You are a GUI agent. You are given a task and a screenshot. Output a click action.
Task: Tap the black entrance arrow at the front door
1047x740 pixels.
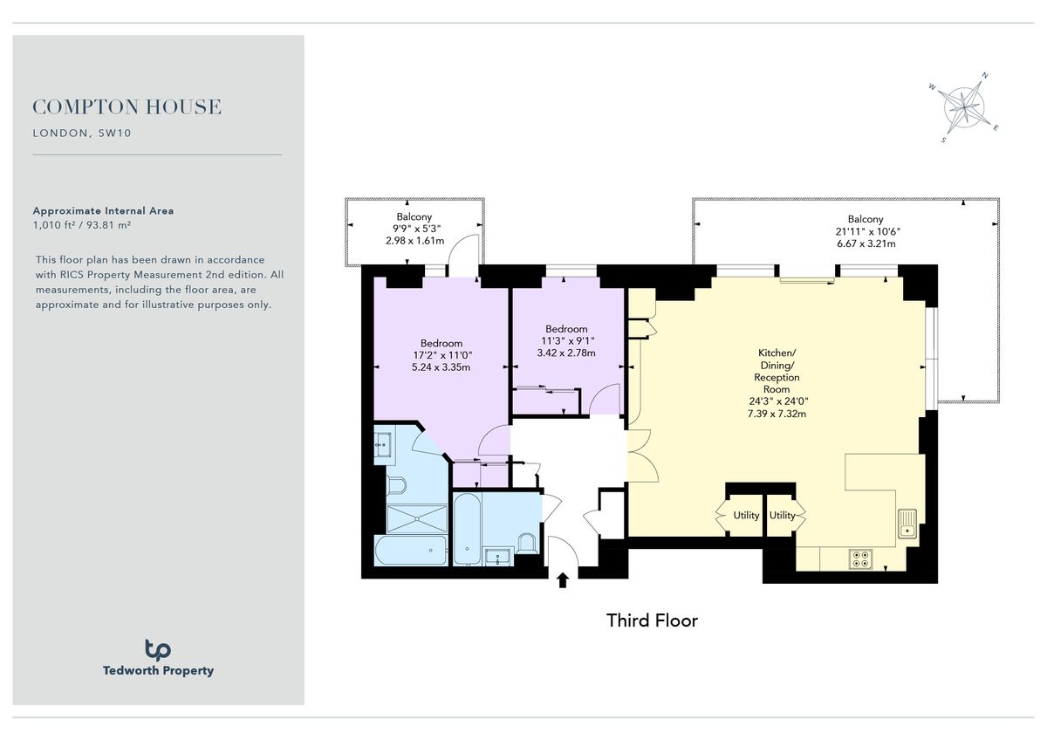point(562,579)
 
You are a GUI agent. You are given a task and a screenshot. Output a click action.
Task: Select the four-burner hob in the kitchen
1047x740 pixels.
point(860,558)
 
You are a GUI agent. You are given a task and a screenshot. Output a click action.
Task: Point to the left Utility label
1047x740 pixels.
point(746,515)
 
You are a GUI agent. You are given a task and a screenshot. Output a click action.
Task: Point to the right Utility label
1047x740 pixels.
point(783,515)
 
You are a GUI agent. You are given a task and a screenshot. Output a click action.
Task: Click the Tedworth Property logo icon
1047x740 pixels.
point(158,649)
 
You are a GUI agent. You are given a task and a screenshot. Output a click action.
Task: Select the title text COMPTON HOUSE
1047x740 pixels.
point(127,107)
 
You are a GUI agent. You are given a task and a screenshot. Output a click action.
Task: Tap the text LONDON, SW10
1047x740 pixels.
point(81,134)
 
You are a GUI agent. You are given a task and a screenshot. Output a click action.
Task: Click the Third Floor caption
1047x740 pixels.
point(652,620)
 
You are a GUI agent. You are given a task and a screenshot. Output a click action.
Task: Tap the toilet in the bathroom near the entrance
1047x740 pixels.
point(525,544)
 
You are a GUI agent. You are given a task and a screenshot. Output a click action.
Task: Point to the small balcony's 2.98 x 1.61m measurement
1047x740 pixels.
point(414,241)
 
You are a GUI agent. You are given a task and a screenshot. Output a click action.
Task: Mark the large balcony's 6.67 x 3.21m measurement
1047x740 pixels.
point(865,243)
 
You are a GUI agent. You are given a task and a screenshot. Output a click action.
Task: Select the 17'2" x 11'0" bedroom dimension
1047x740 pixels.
point(441,355)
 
